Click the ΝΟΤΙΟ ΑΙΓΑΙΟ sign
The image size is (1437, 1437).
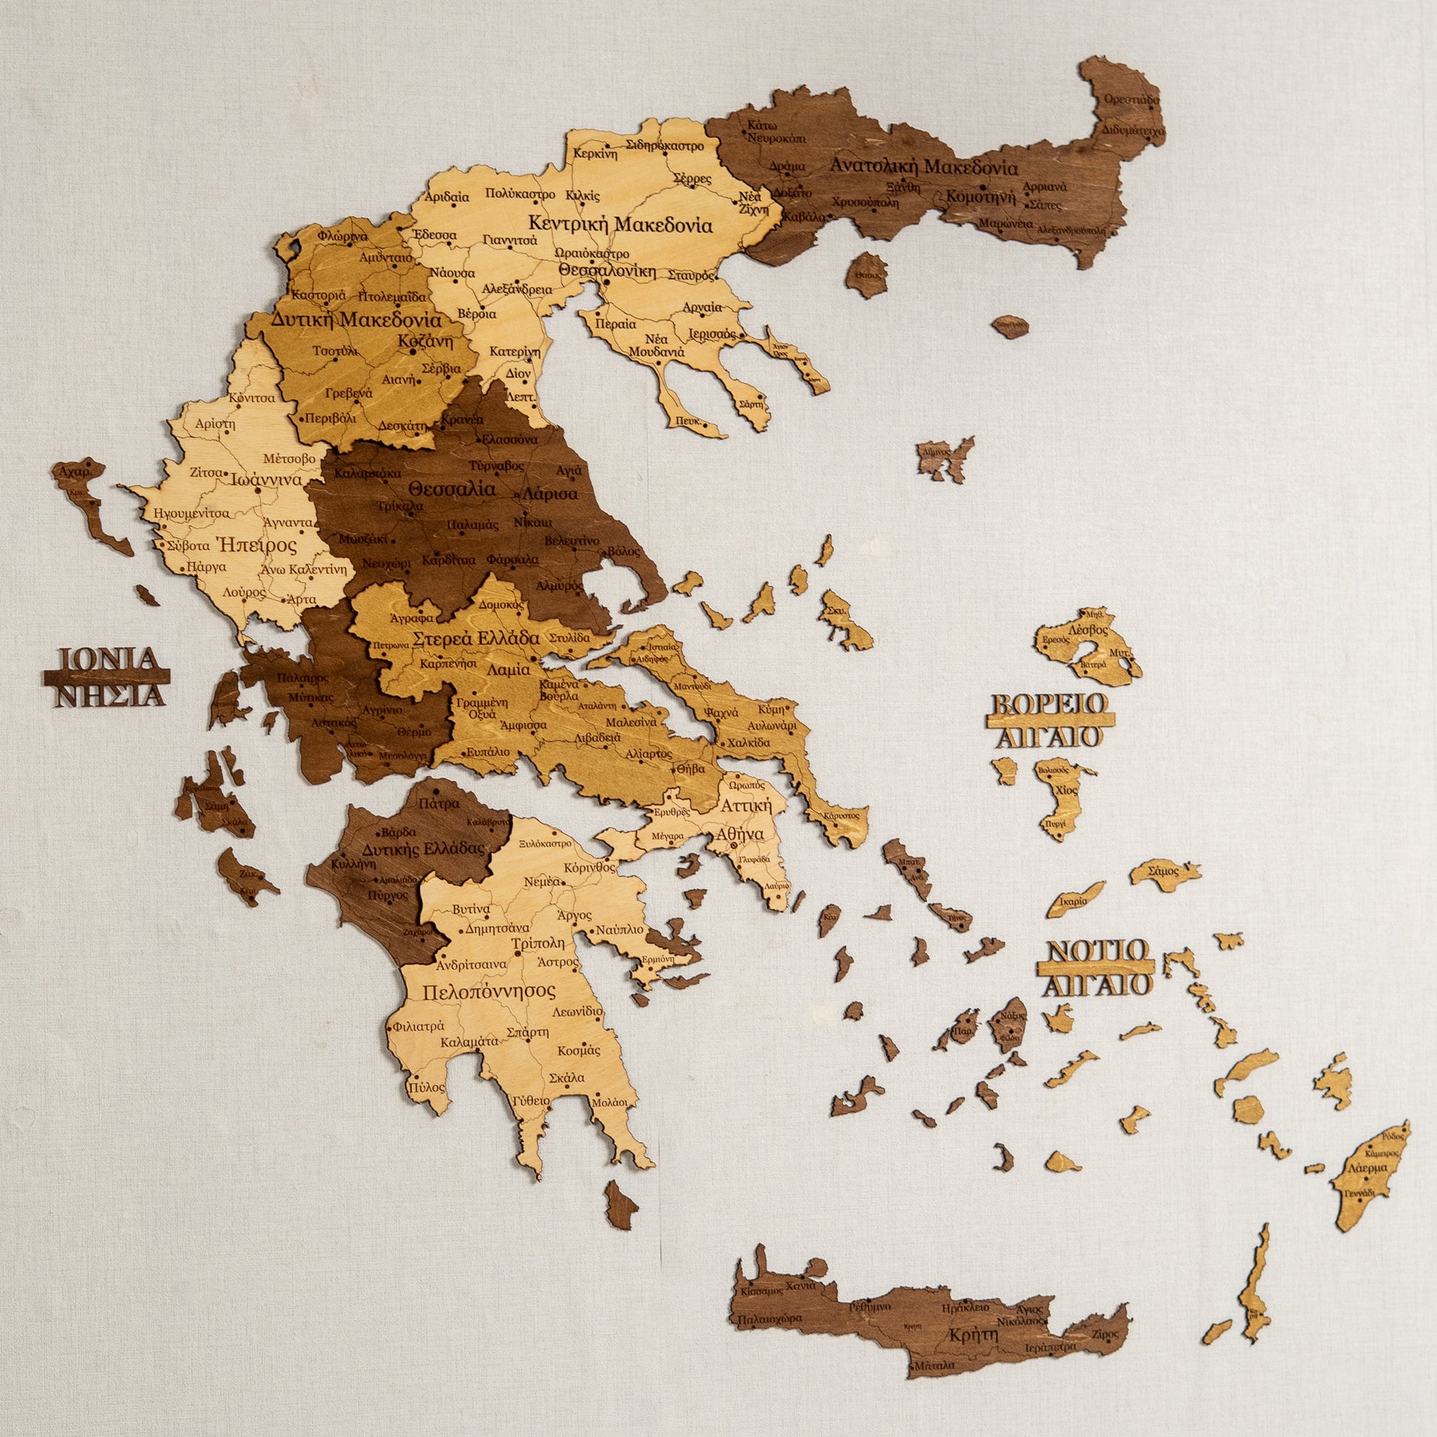(1097, 967)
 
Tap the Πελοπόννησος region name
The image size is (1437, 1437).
(490, 992)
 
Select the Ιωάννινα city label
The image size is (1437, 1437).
(265, 480)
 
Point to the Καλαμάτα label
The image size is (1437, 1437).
(469, 1042)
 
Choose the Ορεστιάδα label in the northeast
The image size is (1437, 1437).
(1131, 99)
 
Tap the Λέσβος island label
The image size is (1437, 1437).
(1087, 629)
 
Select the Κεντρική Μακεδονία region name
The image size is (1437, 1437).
(620, 224)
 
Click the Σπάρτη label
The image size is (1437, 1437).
(527, 1032)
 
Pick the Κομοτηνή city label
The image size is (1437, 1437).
(981, 198)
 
